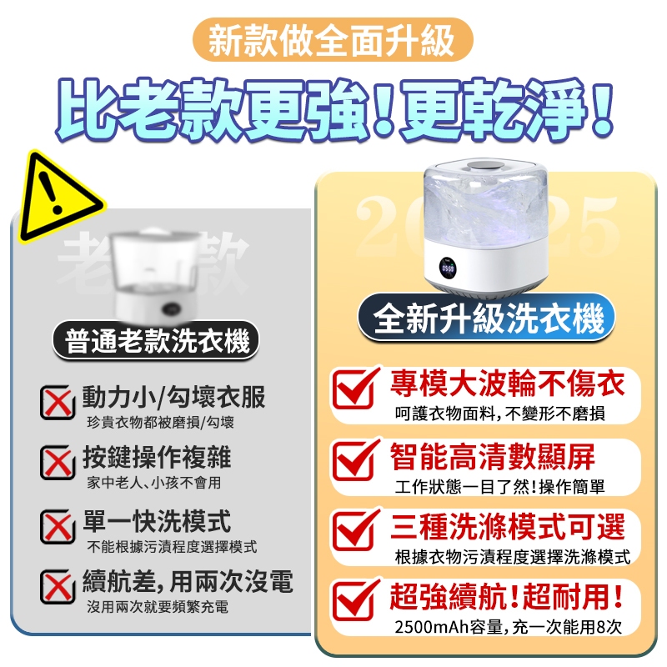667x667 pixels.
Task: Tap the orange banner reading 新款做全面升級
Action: click(333, 39)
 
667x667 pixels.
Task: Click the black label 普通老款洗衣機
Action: click(156, 341)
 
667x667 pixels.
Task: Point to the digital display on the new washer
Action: click(448, 268)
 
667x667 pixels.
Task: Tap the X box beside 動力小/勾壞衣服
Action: click(58, 402)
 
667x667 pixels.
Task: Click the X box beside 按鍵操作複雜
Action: click(58, 463)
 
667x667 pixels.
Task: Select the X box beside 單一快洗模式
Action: click(58, 527)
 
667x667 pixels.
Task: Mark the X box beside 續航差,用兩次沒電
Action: click(58, 587)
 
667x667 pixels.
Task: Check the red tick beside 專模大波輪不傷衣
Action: click(355, 387)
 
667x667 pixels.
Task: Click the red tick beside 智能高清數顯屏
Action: click(355, 459)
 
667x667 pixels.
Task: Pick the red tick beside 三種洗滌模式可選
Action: click(355, 529)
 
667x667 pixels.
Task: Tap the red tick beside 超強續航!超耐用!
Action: click(355, 599)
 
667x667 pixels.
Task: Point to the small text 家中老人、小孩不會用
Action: click(154, 483)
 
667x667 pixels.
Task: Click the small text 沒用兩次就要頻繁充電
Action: click(158, 607)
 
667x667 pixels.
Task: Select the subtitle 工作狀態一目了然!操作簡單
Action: click(499, 487)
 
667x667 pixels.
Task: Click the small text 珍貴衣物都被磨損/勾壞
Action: click(160, 423)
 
